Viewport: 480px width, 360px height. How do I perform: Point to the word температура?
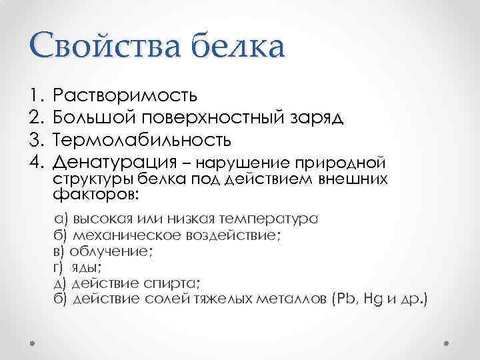pos(272,219)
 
